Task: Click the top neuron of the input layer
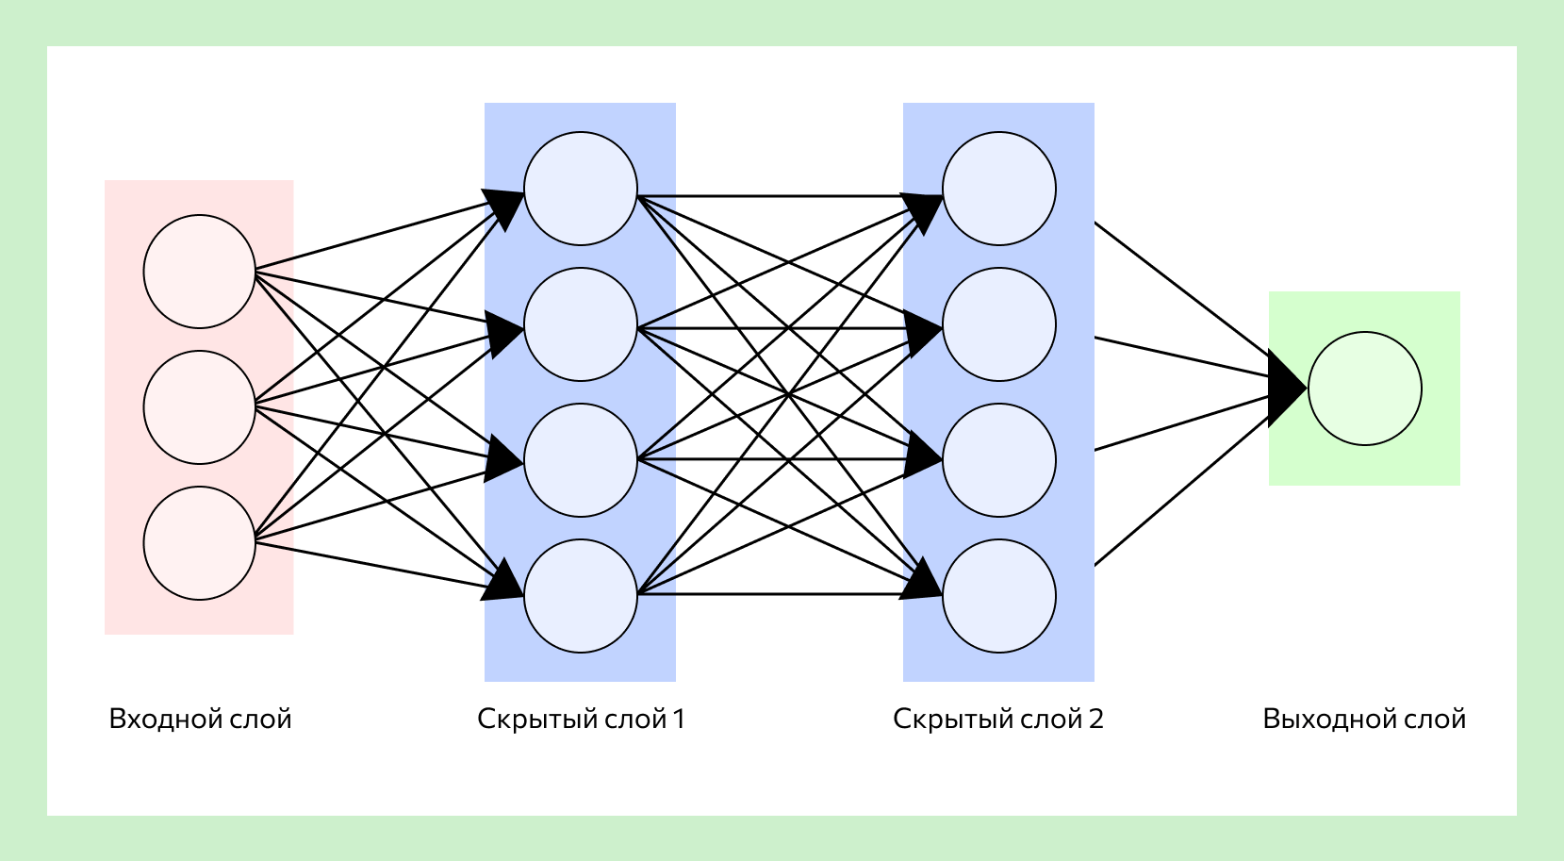coord(200,272)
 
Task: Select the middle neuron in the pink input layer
coord(200,407)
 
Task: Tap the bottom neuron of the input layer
coord(200,543)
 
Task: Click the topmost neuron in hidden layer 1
coord(581,189)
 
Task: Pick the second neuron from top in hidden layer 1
coord(581,324)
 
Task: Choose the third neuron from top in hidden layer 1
coord(581,460)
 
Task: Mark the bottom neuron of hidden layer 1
coord(581,596)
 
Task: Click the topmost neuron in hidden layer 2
coord(999,189)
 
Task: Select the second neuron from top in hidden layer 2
coord(999,324)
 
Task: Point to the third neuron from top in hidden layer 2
coord(999,460)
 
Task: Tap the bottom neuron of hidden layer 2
coord(999,596)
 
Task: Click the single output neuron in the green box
coord(1365,389)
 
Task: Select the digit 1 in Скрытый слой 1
coord(678,720)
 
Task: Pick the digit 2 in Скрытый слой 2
coord(1095,720)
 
